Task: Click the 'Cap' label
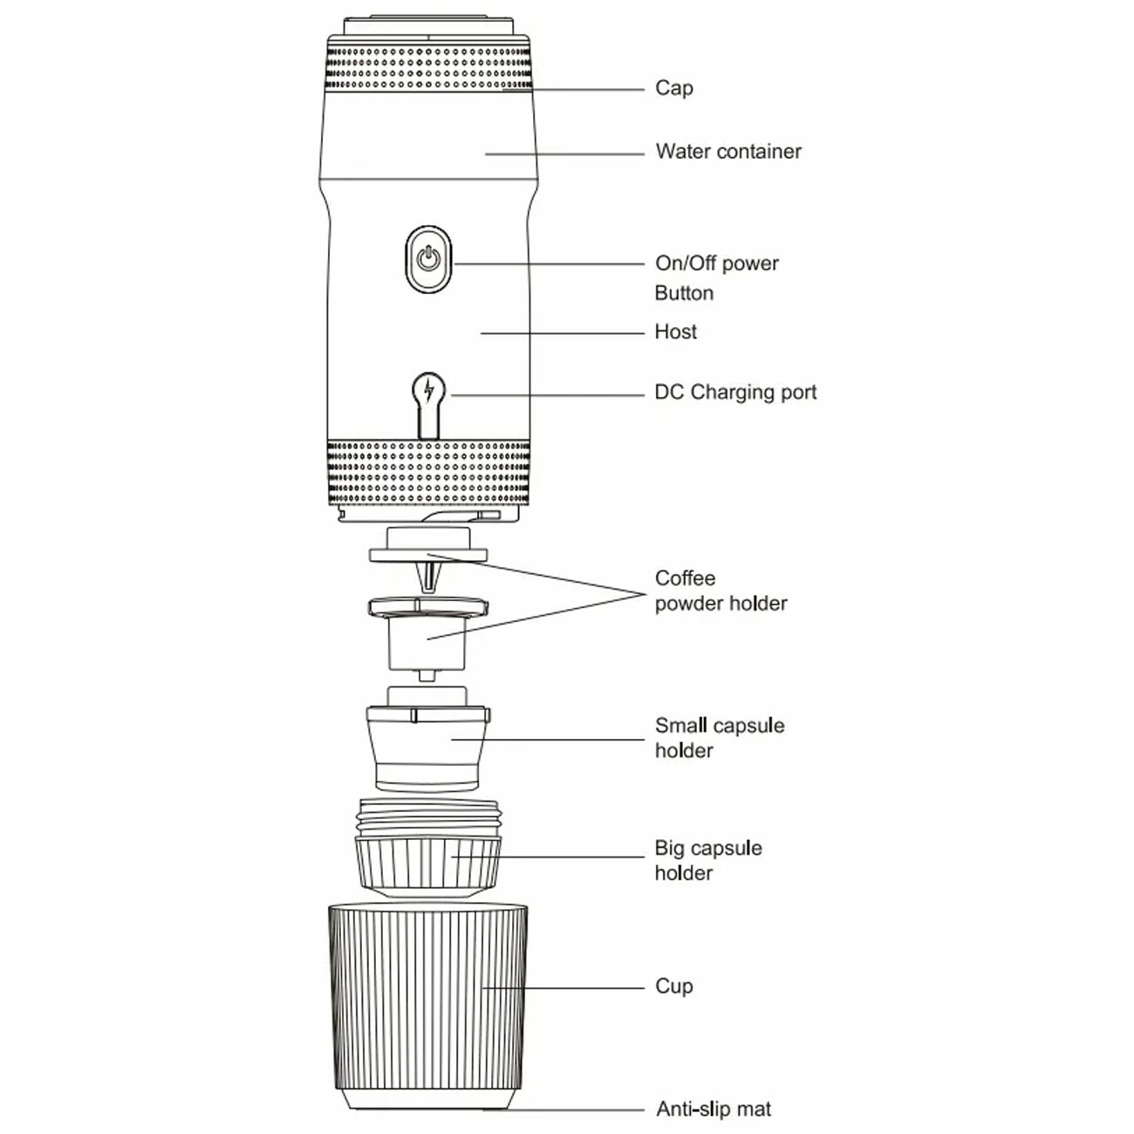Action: pyautogui.click(x=673, y=88)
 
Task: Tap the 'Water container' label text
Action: pyautogui.click(x=728, y=152)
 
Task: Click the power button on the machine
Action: pyautogui.click(x=428, y=259)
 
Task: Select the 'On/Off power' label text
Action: pyautogui.click(x=716, y=263)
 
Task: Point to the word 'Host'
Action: pyautogui.click(x=675, y=332)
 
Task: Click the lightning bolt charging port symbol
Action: pyautogui.click(x=428, y=392)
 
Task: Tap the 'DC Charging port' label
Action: pyautogui.click(x=734, y=393)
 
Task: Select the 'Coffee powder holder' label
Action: pyautogui.click(x=720, y=591)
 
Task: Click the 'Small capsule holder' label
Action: pyautogui.click(x=719, y=738)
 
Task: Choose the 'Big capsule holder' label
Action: pyautogui.click(x=707, y=860)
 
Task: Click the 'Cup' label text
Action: pyautogui.click(x=673, y=987)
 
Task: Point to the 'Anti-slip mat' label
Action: pyautogui.click(x=713, y=1110)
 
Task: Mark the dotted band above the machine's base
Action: pyautogui.click(x=427, y=471)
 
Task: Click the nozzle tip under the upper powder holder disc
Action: pyautogui.click(x=427, y=576)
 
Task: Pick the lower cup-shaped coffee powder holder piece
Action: pyautogui.click(x=427, y=641)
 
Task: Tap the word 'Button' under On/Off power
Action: pyautogui.click(x=684, y=293)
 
